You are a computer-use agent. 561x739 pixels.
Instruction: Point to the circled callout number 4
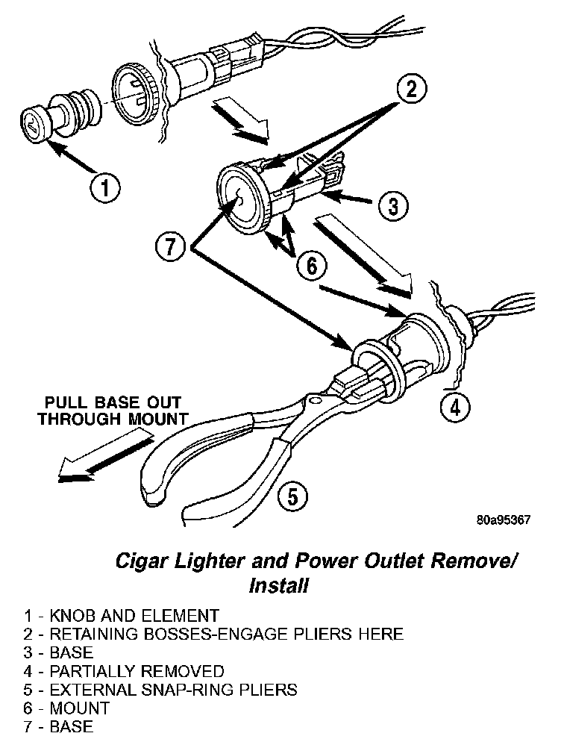pos(456,407)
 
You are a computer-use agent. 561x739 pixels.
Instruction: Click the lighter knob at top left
pos(34,122)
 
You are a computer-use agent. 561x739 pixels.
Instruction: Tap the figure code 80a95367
pos(504,520)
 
